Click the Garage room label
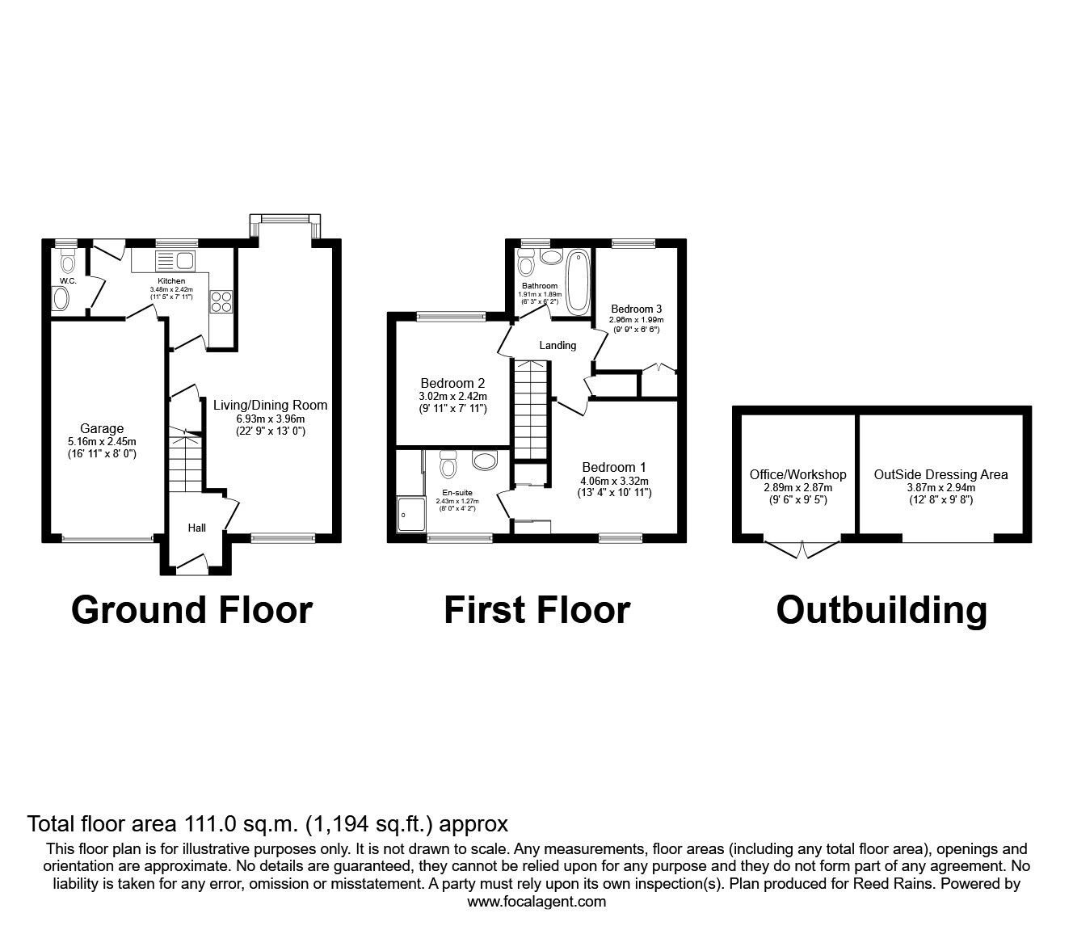pyautogui.click(x=102, y=428)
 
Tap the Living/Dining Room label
pyautogui.click(x=270, y=405)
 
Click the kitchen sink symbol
pyautogui.click(x=175, y=260)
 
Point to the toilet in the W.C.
pyautogui.click(x=67, y=263)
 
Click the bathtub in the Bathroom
pyautogui.click(x=578, y=282)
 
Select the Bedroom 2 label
pyautogui.click(x=452, y=383)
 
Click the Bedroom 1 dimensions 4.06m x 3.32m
pyautogui.click(x=614, y=480)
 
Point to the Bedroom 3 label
pyautogui.click(x=636, y=309)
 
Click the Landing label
pyautogui.click(x=558, y=345)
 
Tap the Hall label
pyautogui.click(x=196, y=528)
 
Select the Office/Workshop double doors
pyautogui.click(x=802, y=549)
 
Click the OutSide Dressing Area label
pyautogui.click(x=940, y=474)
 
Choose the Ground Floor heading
pyautogui.click(x=191, y=609)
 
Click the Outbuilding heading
pyautogui.click(x=881, y=609)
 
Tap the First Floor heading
pyautogui.click(x=536, y=609)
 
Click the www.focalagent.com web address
pyautogui.click(x=536, y=902)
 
